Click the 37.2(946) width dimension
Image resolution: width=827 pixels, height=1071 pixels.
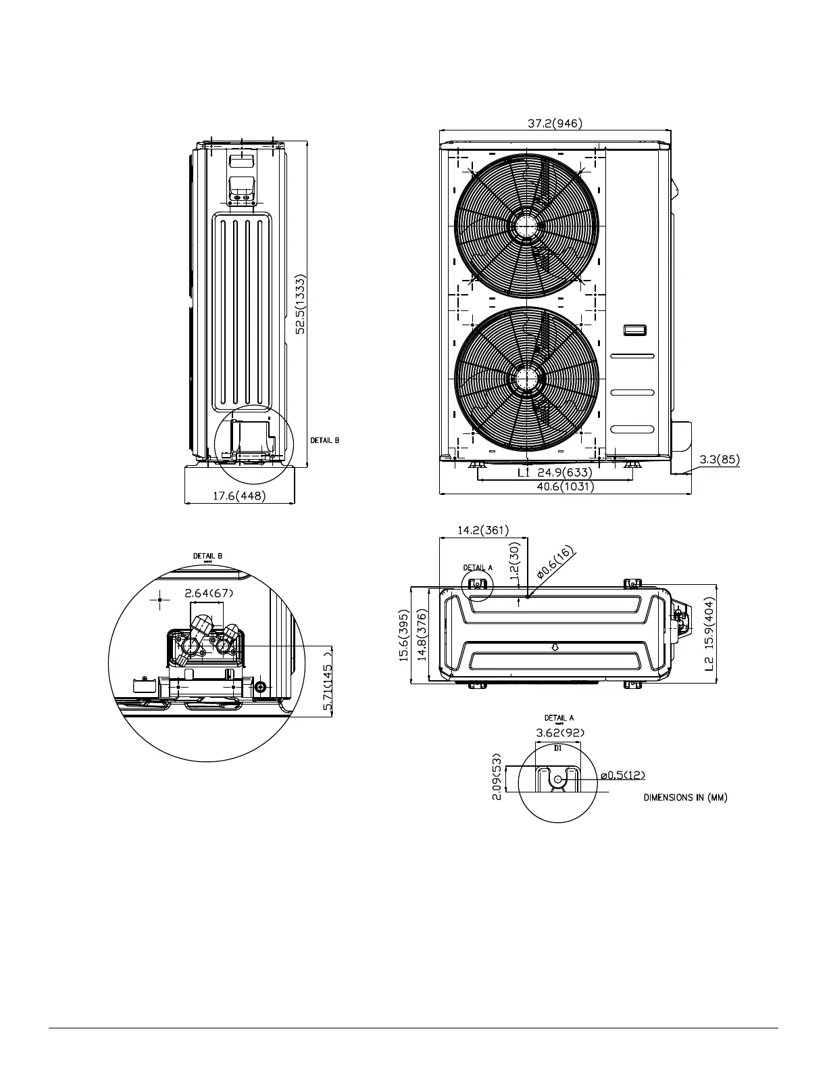pos(554,123)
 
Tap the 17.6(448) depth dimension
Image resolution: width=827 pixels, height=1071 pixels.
pos(239,496)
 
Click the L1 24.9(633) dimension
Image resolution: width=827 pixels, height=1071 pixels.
pos(555,473)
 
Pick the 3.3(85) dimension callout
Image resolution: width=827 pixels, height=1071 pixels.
pos(719,460)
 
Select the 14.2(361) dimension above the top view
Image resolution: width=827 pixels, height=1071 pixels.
pos(483,531)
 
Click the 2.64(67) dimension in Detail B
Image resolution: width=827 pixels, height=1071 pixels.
pos(209,594)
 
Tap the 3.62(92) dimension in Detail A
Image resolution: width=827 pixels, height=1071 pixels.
pos(559,732)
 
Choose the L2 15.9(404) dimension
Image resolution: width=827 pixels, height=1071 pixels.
pos(709,634)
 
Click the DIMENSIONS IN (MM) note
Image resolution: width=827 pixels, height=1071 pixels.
pos(684,798)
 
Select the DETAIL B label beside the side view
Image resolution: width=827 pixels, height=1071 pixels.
pos(324,440)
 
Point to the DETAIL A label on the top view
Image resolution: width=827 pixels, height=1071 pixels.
pos(478,567)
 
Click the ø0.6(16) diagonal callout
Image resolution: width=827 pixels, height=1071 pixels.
pos(555,563)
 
